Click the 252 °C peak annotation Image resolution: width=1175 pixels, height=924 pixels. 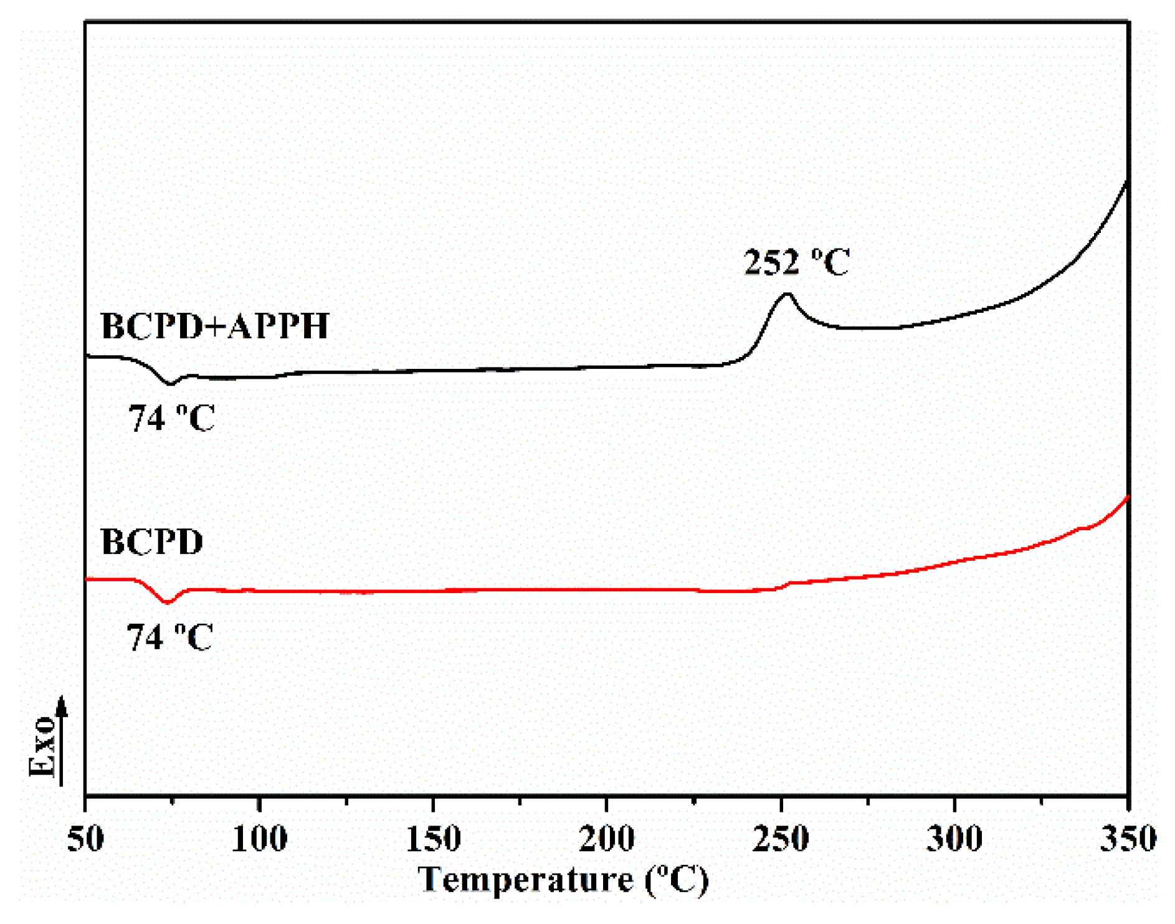tap(796, 262)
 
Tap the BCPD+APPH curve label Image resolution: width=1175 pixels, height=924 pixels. tap(215, 326)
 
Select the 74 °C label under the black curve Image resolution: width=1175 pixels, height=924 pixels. tap(171, 418)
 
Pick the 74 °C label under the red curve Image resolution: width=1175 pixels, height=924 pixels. tap(169, 637)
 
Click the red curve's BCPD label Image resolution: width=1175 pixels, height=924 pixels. tap(152, 541)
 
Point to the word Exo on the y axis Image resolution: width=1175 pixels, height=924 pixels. tap(42, 746)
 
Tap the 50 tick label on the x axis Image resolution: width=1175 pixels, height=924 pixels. tap(85, 839)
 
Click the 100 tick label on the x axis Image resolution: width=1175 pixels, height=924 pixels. tap(259, 839)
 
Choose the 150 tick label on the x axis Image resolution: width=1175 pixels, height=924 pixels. tap(433, 839)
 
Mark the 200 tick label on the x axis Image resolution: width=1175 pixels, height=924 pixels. tap(607, 839)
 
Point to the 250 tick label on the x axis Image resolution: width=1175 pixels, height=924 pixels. tap(781, 839)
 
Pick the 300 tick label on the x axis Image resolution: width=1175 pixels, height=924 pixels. tap(954, 839)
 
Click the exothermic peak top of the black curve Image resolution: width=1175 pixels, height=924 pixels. tap(787, 293)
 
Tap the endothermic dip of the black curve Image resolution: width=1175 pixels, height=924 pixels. tap(170, 384)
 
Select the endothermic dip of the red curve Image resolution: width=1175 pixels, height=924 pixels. tap(167, 603)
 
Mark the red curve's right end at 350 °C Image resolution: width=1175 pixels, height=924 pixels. tap(1127, 497)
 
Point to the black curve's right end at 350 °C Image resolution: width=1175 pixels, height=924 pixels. tap(1126, 181)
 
